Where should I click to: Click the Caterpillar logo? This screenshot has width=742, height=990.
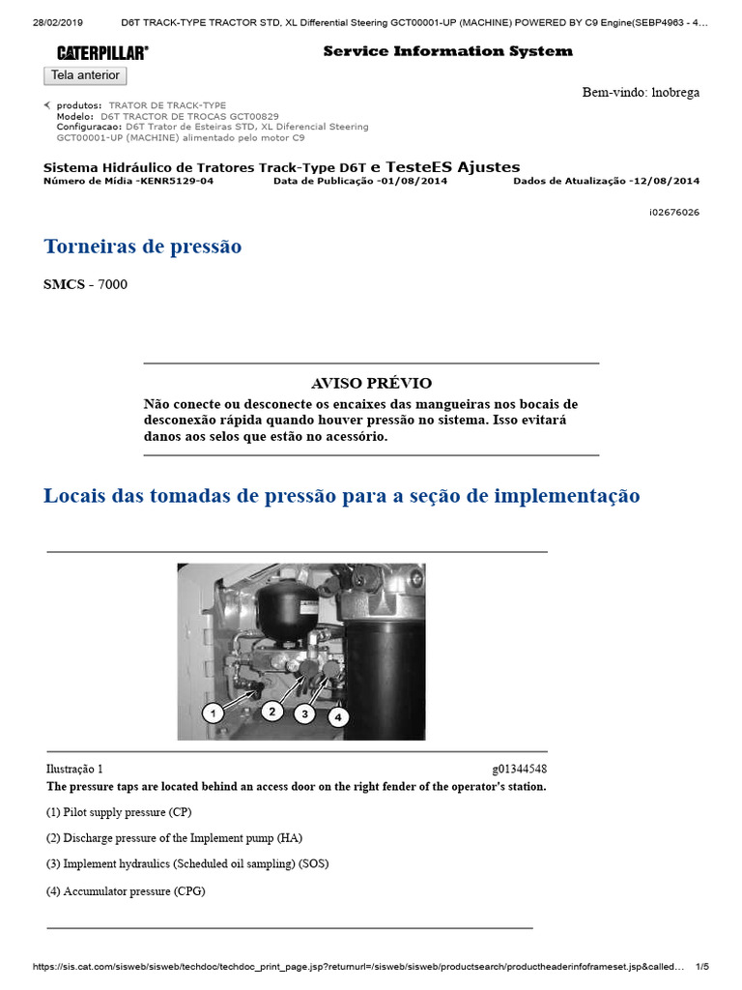tap(101, 52)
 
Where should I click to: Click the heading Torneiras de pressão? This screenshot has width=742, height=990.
tap(143, 247)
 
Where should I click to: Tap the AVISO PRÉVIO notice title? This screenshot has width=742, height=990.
tap(371, 383)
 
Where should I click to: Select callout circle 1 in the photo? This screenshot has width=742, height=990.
tap(214, 713)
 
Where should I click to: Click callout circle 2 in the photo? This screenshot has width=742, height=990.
tap(272, 711)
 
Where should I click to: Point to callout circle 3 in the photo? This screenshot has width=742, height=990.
tap(305, 713)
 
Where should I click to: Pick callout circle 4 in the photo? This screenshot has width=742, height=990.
tap(337, 716)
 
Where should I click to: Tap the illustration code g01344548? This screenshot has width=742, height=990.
tap(520, 769)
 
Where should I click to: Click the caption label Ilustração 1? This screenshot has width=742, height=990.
tap(74, 769)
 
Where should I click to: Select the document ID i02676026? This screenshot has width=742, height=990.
tap(674, 212)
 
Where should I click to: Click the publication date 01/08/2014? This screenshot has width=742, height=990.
tap(413, 181)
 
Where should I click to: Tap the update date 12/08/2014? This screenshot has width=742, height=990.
tap(665, 181)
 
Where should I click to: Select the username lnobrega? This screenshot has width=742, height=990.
tap(675, 93)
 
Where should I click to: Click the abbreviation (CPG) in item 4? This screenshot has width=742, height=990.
tap(189, 890)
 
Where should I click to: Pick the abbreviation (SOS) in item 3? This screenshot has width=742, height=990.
tap(313, 863)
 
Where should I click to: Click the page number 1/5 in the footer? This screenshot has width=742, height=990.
tap(702, 966)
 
